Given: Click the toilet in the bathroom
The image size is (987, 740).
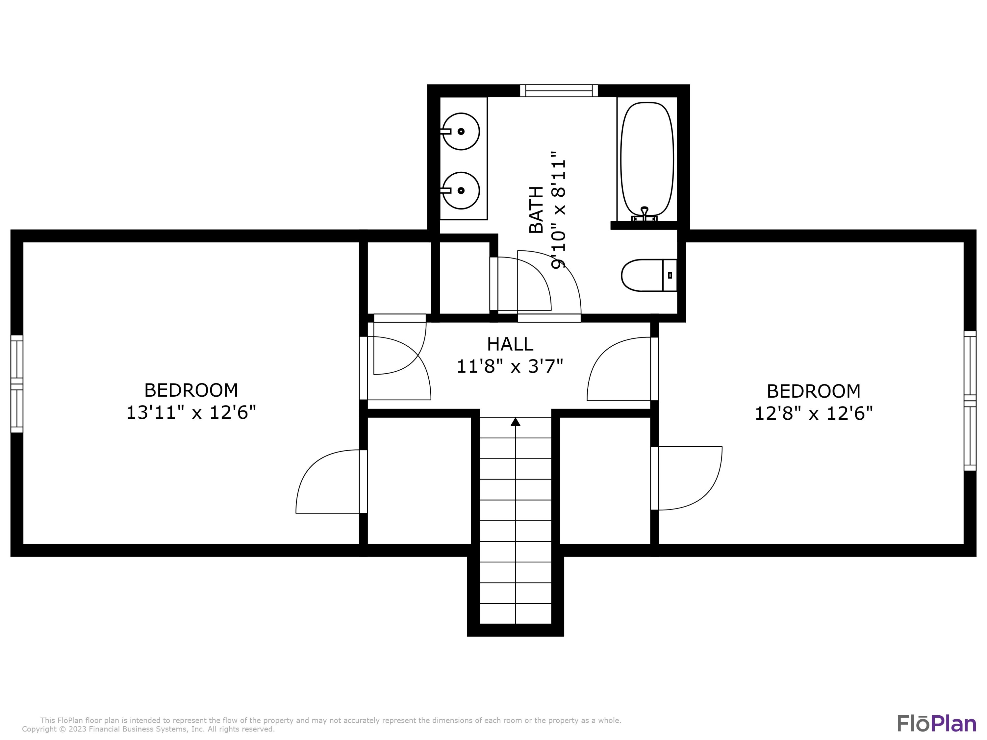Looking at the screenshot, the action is (649, 275).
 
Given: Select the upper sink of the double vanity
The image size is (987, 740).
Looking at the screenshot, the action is (461, 131).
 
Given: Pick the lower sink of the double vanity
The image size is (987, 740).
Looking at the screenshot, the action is (461, 190).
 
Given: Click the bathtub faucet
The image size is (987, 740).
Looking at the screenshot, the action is (644, 214).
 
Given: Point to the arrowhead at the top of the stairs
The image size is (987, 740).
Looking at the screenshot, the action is (515, 422).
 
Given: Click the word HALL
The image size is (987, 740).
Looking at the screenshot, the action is (510, 344).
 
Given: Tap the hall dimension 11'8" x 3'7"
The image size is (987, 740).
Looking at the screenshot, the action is (510, 367).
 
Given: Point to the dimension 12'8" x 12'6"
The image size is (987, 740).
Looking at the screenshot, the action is (813, 413).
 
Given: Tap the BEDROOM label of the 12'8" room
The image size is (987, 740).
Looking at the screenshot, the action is (813, 391).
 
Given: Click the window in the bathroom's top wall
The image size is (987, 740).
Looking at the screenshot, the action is (559, 90).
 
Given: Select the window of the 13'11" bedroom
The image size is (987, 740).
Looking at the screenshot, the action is (16, 383).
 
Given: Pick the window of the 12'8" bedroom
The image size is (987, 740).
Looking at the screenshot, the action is (970, 401).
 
